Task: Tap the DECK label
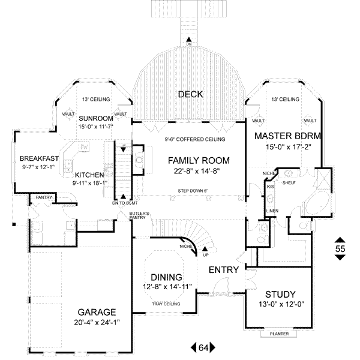click(x=190, y=94)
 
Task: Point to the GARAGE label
click(x=97, y=312)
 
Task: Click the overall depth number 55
click(x=340, y=248)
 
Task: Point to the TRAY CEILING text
click(x=166, y=304)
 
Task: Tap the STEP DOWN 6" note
click(x=192, y=191)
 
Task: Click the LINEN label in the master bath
click(x=272, y=211)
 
